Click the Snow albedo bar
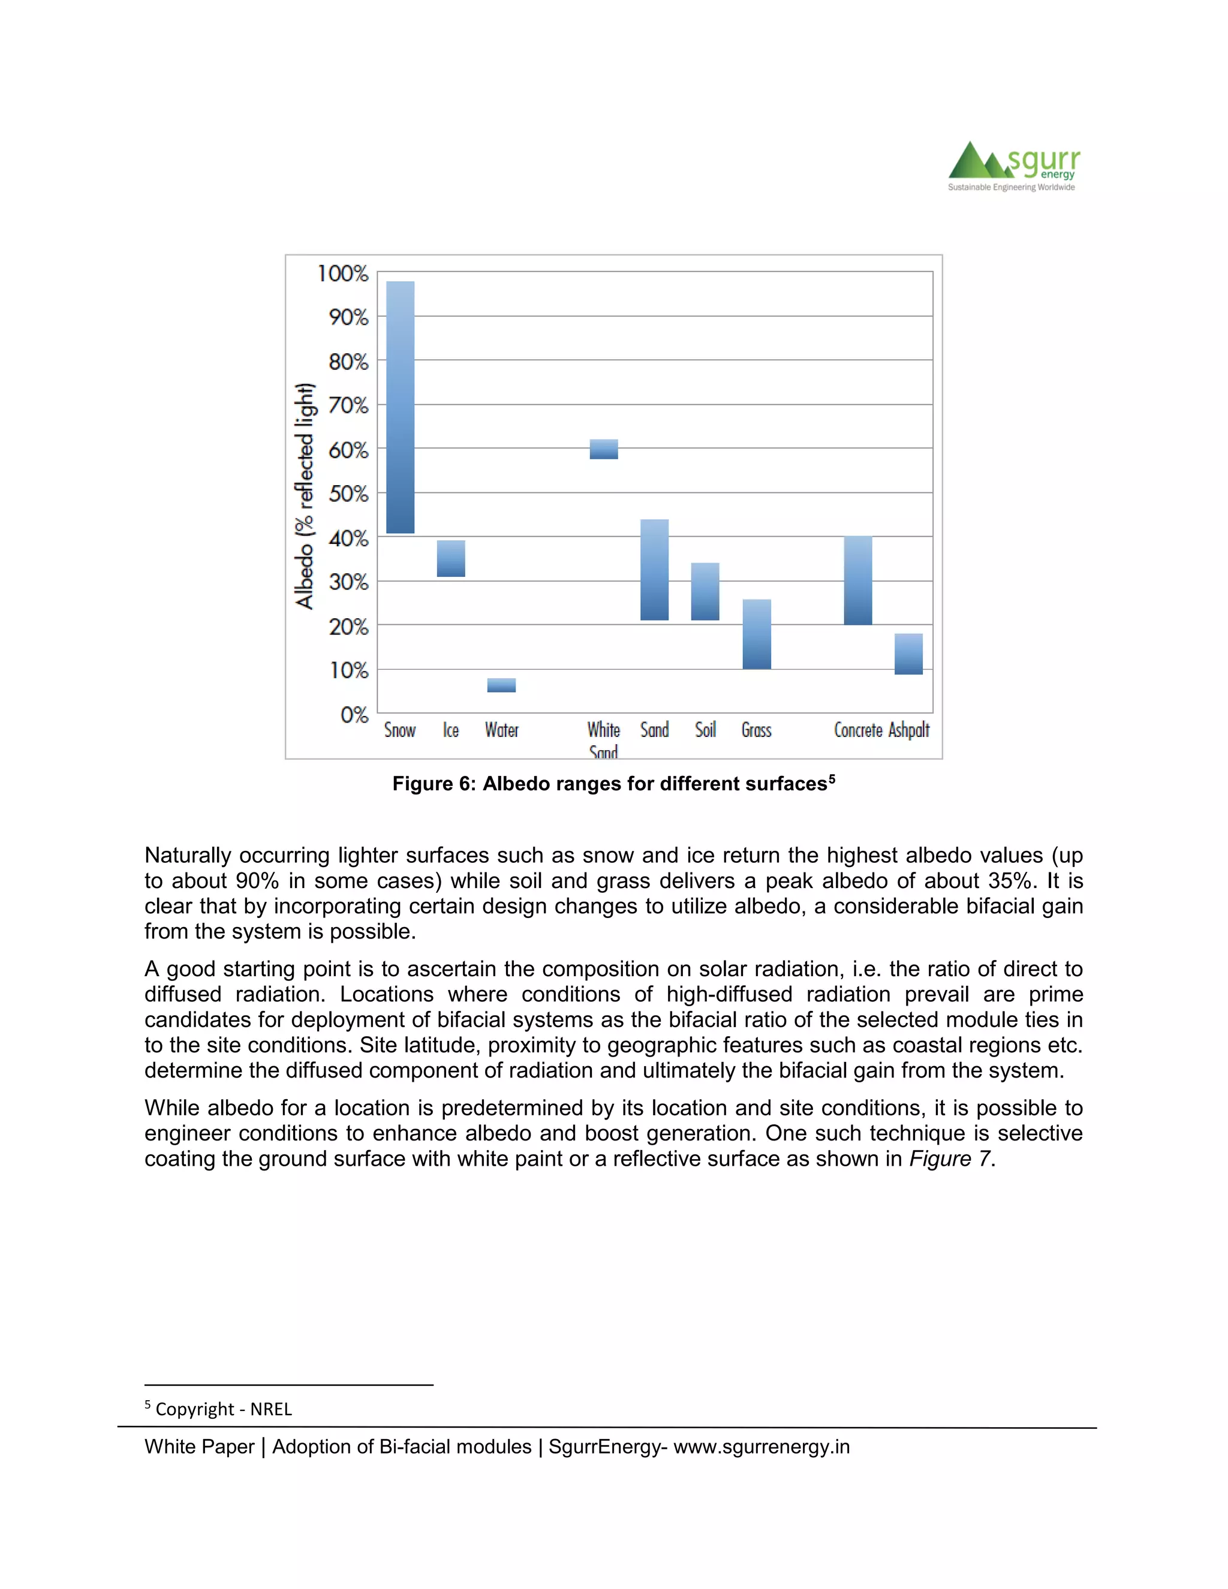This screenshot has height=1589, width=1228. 400,407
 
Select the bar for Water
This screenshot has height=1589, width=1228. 501,685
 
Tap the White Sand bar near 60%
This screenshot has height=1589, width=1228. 603,449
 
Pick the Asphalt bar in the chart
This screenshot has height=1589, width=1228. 908,654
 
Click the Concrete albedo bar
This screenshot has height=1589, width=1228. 857,580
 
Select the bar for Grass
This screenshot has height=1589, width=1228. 757,634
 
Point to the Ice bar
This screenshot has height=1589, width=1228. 450,558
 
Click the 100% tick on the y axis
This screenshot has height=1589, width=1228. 342,273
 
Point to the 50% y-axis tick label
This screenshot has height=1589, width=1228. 348,494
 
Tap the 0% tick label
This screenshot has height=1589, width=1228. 354,715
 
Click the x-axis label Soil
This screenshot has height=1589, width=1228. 705,730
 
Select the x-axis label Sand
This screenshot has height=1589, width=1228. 654,730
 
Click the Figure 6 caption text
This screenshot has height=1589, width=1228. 613,784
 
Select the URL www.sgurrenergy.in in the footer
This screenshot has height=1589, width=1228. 761,1446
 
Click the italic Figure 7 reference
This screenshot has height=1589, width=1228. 949,1158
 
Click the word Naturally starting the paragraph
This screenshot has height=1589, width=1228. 188,855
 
